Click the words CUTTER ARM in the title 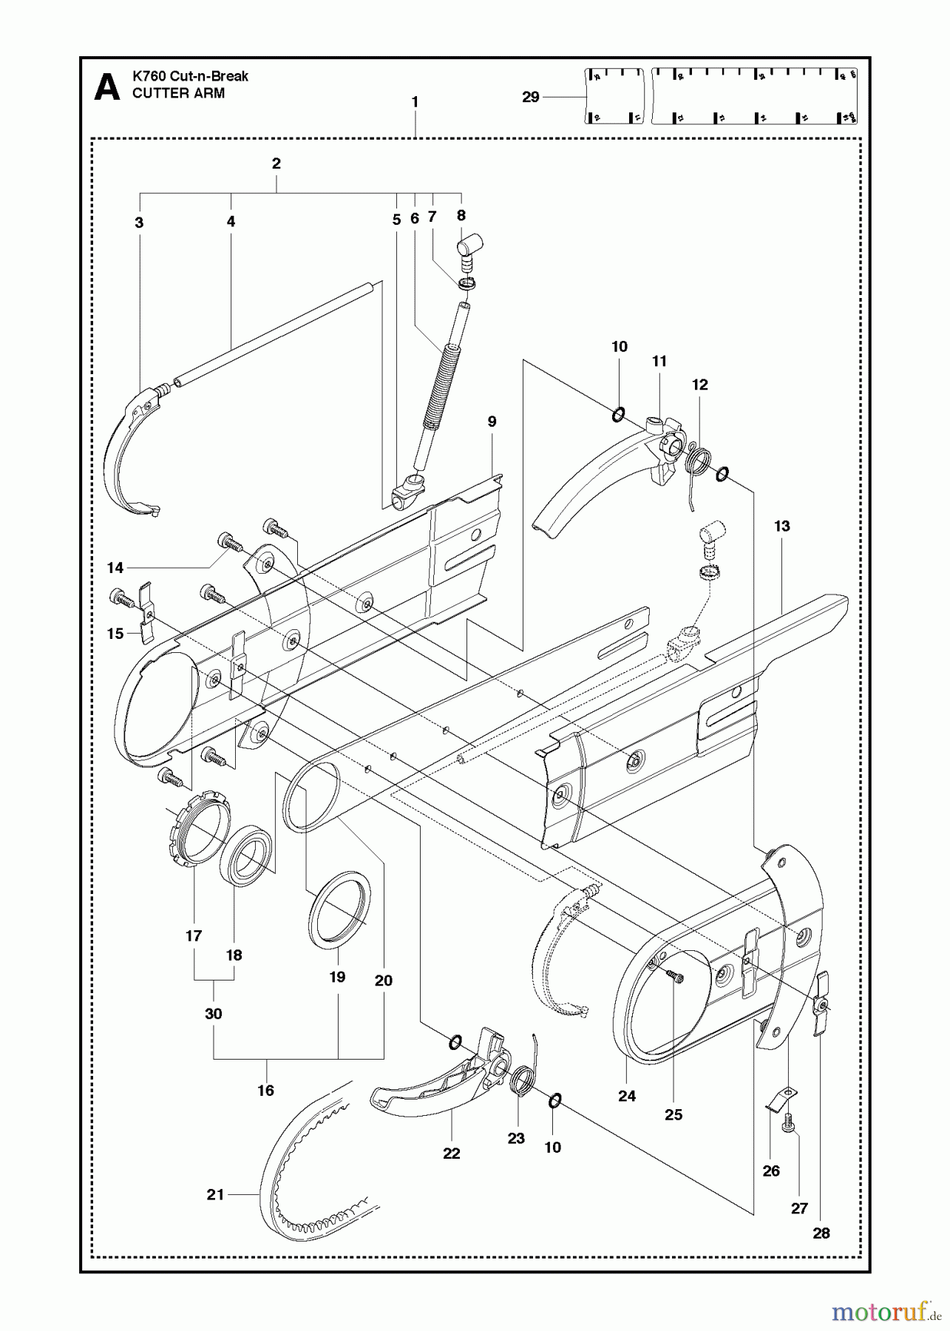pyautogui.click(x=178, y=94)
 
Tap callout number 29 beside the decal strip pyautogui.click(x=531, y=97)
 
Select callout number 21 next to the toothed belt pyautogui.click(x=215, y=1193)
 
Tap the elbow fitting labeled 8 pyautogui.click(x=470, y=246)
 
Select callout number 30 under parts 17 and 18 pyautogui.click(x=213, y=1014)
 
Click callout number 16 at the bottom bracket pyautogui.click(x=265, y=1090)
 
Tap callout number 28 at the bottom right pyautogui.click(x=821, y=1233)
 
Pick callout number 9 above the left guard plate pyautogui.click(x=492, y=422)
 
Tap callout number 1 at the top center pyautogui.click(x=415, y=102)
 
